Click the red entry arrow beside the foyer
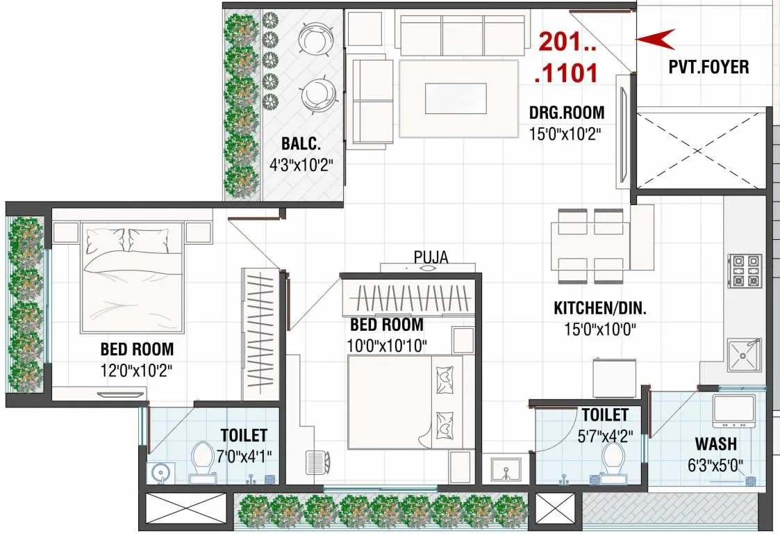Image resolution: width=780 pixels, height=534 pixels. coord(656,39)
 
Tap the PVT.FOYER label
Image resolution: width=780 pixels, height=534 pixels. coord(708,67)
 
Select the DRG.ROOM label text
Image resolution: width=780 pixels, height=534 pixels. coord(566,112)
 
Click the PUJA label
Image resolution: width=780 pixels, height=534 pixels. coord(431,257)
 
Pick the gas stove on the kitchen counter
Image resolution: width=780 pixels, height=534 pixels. coord(745,271)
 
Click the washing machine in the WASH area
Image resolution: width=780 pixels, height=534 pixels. coord(733,411)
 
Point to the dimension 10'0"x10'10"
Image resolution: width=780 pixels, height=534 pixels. coord(387,345)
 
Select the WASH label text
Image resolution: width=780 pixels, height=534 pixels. coord(715,444)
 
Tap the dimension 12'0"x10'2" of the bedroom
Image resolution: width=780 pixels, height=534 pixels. coord(136,369)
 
